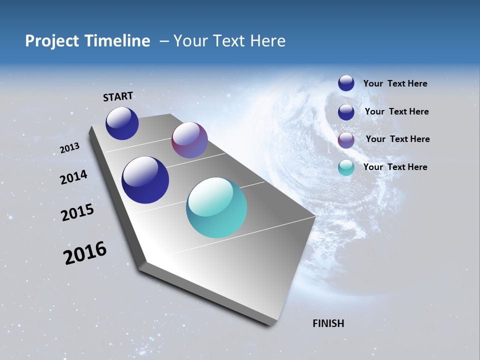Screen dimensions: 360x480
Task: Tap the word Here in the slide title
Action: (267, 41)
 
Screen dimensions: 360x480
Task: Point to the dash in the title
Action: (164, 41)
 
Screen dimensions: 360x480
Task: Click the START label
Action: (118, 96)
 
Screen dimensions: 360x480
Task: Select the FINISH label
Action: (328, 323)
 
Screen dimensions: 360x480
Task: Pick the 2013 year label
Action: (70, 148)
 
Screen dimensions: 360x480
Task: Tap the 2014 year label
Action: (74, 177)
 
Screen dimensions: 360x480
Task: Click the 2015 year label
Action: (77, 213)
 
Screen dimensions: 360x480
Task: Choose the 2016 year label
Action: (85, 253)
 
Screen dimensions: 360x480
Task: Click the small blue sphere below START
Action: (122, 123)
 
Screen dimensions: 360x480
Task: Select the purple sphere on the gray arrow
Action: (189, 140)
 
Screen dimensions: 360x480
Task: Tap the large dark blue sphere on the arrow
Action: (145, 180)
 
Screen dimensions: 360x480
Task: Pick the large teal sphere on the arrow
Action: (216, 207)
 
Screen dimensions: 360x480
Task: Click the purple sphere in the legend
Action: (346, 139)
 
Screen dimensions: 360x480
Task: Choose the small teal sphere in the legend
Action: (346, 167)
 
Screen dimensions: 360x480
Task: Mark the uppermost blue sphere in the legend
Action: (346, 83)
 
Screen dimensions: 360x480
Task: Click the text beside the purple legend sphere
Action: (397, 139)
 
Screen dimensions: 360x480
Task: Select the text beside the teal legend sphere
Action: (395, 167)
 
